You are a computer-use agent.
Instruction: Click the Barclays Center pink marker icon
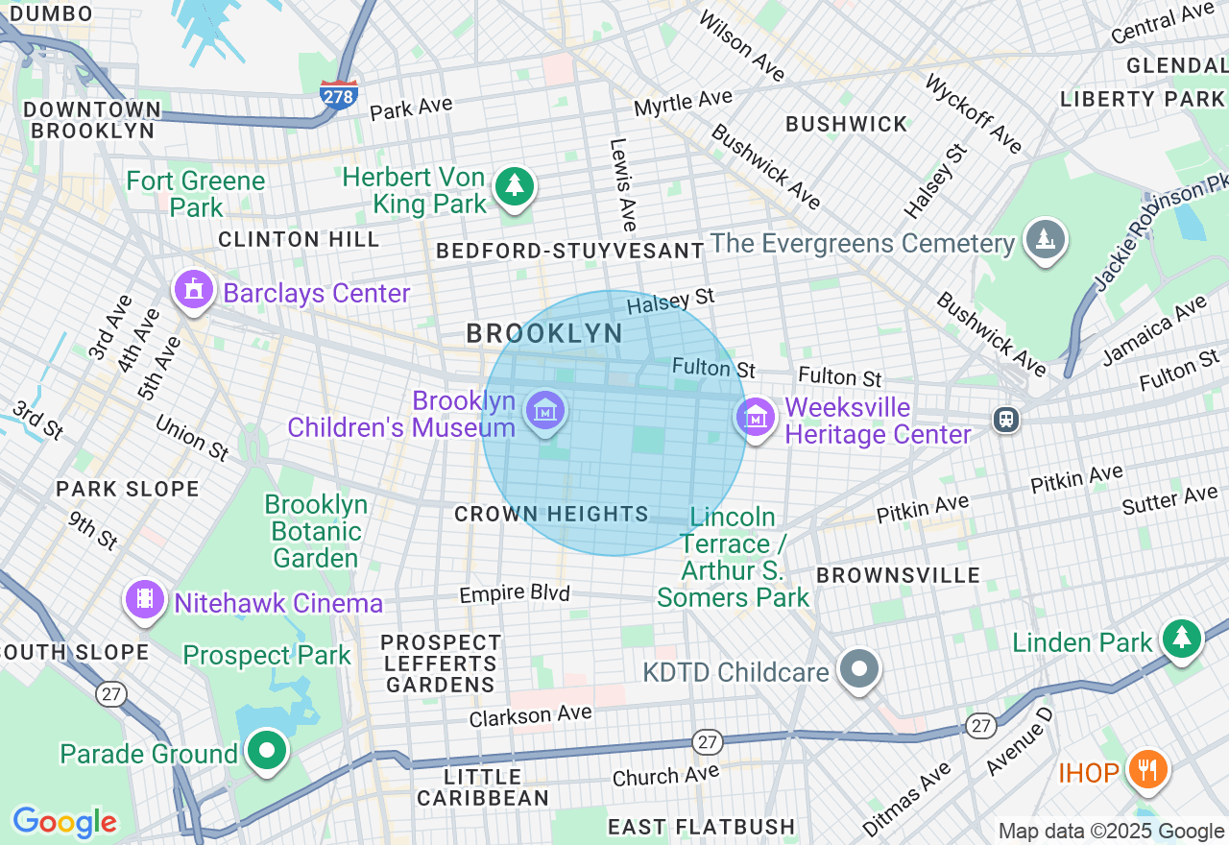194,290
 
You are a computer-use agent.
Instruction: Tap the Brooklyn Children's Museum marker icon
545,412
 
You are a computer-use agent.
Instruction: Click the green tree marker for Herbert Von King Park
515,185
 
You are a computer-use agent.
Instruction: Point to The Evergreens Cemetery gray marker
1045,239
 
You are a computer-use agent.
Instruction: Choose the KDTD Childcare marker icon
859,669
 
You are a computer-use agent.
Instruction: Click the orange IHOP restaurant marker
1145,769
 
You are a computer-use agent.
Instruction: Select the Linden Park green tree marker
1181,639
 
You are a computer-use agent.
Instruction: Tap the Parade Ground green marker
266,751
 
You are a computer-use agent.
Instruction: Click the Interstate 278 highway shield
339,94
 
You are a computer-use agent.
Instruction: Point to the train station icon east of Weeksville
1005,419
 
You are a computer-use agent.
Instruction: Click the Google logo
64,822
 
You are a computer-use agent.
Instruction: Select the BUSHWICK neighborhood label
846,124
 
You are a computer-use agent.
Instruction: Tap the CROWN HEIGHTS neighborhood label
551,515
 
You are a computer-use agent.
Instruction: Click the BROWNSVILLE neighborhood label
898,575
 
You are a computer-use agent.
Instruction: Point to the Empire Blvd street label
515,593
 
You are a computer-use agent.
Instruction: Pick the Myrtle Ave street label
683,100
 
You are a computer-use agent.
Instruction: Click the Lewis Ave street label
623,184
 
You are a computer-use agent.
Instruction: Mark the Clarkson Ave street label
530,715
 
